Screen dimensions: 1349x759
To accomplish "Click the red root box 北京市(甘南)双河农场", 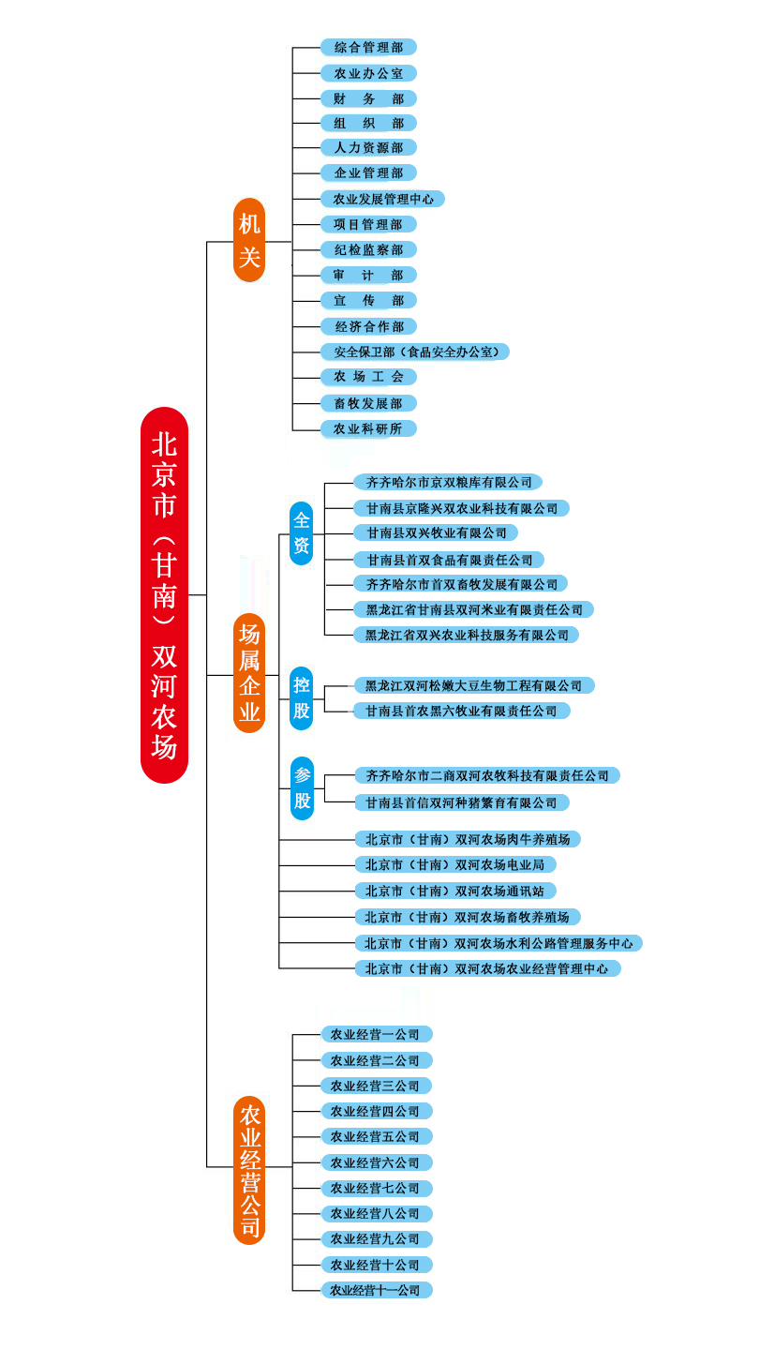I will point(164,594).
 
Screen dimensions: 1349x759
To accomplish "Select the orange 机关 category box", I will point(249,240).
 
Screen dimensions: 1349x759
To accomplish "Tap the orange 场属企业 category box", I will point(249,673).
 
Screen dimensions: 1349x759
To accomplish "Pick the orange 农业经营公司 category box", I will point(249,1170).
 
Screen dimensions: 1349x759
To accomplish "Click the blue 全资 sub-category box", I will point(301,532).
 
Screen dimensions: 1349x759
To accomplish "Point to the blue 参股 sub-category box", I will point(302,787).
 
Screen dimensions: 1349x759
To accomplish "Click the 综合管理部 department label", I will point(368,47).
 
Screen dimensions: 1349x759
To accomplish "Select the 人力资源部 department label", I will point(368,147).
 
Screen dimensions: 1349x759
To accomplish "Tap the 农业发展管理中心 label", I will point(382,199).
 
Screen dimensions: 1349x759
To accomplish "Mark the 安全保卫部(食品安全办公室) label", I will point(415,352).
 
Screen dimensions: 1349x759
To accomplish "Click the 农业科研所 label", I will point(368,428).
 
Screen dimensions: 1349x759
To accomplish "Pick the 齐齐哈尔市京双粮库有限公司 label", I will point(448,482).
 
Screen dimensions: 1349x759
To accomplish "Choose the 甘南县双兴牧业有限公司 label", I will point(436,532).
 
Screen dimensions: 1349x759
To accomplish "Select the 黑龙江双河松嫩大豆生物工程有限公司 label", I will point(474,685).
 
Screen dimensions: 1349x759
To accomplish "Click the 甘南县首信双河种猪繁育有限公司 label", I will point(461,802).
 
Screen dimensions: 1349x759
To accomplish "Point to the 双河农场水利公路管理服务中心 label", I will point(499,943).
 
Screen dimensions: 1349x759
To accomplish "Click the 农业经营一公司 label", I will point(376,1034).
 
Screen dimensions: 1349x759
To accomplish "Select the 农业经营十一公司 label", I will point(376,1290).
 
